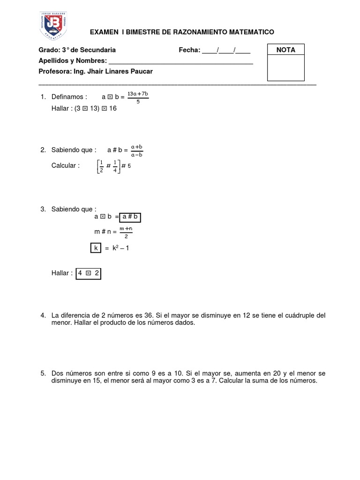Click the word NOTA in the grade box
tap(285, 50)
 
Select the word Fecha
tap(189, 50)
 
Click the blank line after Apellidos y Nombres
tap(180, 61)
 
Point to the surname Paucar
tap(142, 71)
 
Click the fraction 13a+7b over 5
tap(138, 97)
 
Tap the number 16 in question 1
tap(112, 108)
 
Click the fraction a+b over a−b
tap(137, 150)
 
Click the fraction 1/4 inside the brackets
tap(115, 166)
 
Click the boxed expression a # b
tap(130, 217)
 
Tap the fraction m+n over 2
tap(126, 232)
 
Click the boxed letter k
tap(96, 248)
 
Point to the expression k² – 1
tap(120, 248)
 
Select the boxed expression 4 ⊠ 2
tap(88, 273)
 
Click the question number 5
tap(43, 373)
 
